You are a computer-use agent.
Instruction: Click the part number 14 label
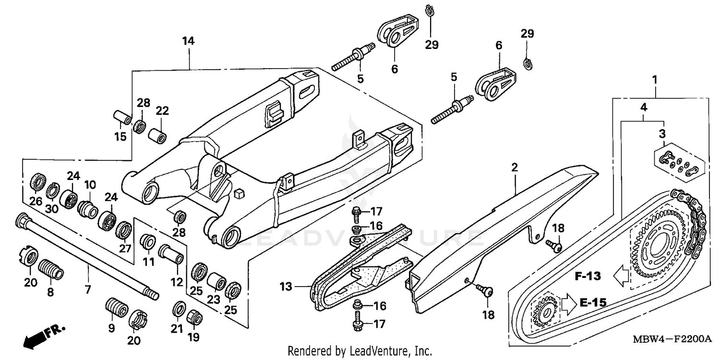[188, 41]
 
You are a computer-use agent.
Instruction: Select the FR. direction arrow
[44, 335]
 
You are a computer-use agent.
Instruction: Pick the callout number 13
[287, 287]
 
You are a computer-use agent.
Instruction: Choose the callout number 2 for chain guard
[515, 168]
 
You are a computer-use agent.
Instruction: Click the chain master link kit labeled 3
[679, 164]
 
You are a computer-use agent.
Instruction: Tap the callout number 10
[90, 185]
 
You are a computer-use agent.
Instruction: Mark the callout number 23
[213, 299]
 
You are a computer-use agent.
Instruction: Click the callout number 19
[193, 337]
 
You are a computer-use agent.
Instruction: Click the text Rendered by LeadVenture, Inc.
[360, 351]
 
